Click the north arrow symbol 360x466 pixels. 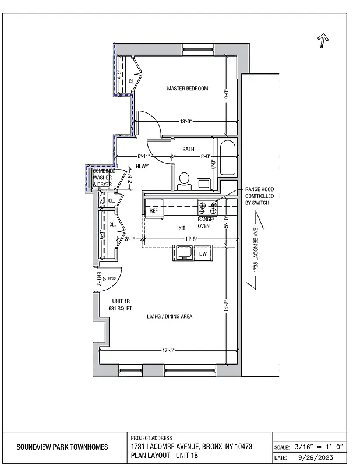(322, 41)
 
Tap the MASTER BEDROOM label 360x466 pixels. (188, 89)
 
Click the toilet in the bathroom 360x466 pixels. (185, 181)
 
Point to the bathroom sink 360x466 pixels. (204, 183)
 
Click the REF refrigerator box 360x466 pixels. (154, 210)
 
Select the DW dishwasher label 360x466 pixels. (203, 254)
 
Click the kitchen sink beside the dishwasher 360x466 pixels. (185, 254)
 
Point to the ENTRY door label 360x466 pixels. (99, 279)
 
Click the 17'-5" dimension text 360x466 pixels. (168, 350)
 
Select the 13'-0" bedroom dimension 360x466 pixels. (186, 122)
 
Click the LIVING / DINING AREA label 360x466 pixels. (170, 316)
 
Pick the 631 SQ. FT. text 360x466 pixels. (118, 308)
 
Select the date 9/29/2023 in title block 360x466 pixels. (318, 457)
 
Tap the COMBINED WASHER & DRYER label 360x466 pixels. (103, 178)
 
